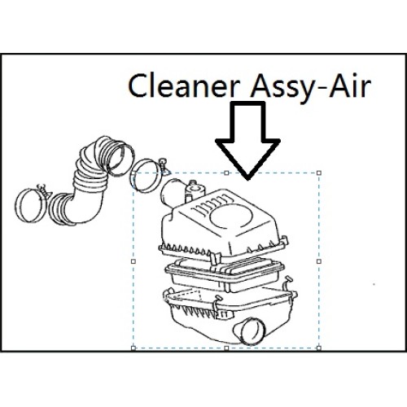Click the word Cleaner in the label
pyautogui.click(x=182, y=85)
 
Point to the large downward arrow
pyautogui.click(x=247, y=140)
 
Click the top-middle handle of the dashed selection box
pyautogui.click(x=226, y=173)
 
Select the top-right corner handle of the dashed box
pyautogui.click(x=319, y=173)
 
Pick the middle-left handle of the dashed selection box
pyautogui.click(x=133, y=261)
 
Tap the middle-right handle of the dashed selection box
pyautogui.click(x=319, y=261)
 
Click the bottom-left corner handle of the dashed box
pyautogui.click(x=133, y=348)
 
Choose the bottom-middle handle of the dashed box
pyautogui.click(x=226, y=348)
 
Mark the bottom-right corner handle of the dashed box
pyautogui.click(x=319, y=348)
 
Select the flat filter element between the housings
pyautogui.click(x=225, y=274)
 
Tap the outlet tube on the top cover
pyautogui.click(x=172, y=193)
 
